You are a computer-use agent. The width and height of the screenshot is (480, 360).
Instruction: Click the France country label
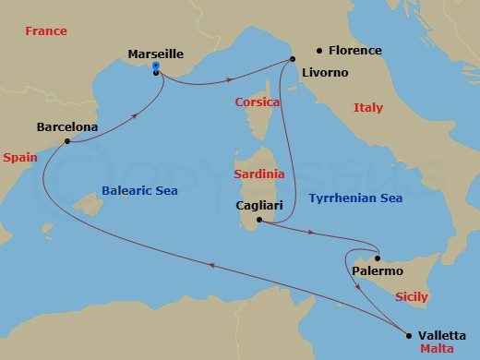pyautogui.click(x=46, y=31)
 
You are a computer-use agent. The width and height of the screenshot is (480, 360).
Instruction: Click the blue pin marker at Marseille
pyautogui.click(x=156, y=67)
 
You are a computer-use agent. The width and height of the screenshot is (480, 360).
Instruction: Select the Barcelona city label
pyautogui.click(x=67, y=126)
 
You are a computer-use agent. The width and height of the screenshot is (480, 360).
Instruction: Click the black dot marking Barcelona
pyautogui.click(x=67, y=141)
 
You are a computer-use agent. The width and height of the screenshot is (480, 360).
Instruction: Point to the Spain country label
pyautogui.click(x=19, y=158)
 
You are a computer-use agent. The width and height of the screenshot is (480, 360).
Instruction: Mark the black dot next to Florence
pyautogui.click(x=319, y=51)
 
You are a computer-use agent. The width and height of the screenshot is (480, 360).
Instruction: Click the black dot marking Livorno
pyautogui.click(x=293, y=59)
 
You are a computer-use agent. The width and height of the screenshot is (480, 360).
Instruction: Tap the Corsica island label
pyautogui.click(x=257, y=102)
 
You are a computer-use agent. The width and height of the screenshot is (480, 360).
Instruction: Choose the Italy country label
pyautogui.click(x=368, y=108)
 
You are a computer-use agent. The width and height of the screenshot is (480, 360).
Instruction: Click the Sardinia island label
pyautogui.click(x=258, y=174)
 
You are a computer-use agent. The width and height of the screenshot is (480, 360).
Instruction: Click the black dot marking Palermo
pyautogui.click(x=377, y=258)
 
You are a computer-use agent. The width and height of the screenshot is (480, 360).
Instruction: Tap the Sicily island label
pyautogui.click(x=411, y=298)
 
